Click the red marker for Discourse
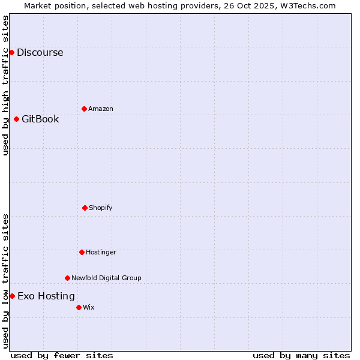point(11,52)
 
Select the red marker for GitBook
point(16,119)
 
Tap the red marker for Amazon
point(84,109)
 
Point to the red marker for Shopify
point(85,208)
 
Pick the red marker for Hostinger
point(82,252)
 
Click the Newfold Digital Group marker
point(67,278)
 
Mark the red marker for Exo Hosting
point(12,296)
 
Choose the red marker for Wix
point(79,307)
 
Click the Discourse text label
point(40,52)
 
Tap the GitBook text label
point(40,119)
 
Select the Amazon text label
point(101,109)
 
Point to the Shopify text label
point(101,208)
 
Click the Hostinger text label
point(101,252)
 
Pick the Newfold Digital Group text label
point(106,278)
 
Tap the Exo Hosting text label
point(46,296)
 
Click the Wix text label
point(89,307)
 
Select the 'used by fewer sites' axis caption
point(62,355)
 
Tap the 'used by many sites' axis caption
point(301,355)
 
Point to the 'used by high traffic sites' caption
point(5,85)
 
